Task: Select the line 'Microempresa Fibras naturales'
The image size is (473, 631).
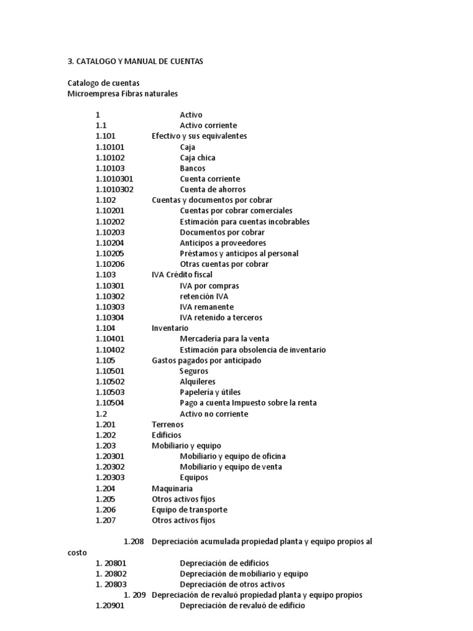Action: coord(123,94)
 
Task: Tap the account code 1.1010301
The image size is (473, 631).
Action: coord(115,179)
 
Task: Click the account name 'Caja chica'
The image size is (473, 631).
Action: coord(198,158)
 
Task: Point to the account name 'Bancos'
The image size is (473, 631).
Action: coord(193,168)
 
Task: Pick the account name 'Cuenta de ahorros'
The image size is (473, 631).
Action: coord(212,190)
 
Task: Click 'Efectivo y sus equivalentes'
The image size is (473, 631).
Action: coord(200,136)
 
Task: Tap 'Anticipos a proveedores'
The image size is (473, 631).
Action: coord(223,243)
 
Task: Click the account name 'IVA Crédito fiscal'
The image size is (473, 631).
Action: coord(182,275)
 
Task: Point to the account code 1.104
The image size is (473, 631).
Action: coord(105,328)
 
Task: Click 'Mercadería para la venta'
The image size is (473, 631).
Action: coord(224,339)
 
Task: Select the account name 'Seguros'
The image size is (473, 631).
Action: coord(194,371)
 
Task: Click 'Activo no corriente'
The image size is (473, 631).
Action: coord(214,413)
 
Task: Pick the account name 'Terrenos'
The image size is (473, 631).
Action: coord(168,425)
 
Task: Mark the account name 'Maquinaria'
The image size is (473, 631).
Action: coord(172,489)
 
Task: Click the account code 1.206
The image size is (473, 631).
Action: coord(106,510)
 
